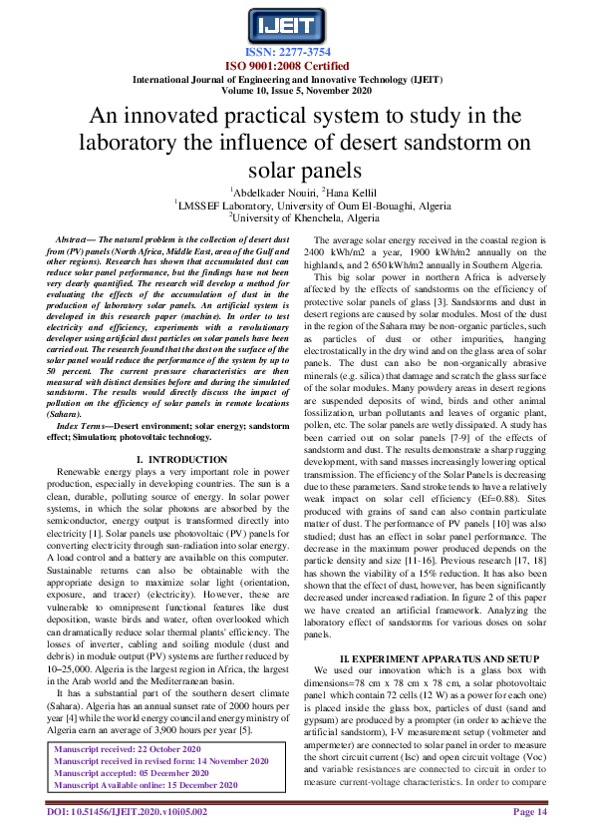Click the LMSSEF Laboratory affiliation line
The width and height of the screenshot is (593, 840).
297,205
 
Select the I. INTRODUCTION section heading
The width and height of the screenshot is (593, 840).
167,458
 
